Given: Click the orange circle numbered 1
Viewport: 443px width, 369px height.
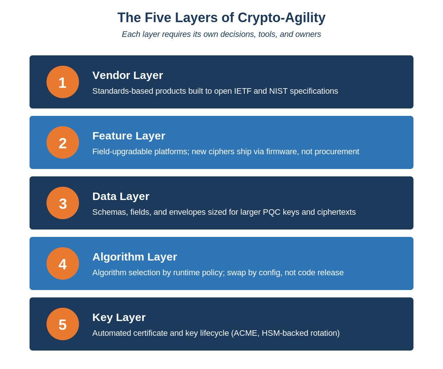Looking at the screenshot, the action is [63, 82].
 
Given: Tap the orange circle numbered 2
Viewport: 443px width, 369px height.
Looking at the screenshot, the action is [63, 142].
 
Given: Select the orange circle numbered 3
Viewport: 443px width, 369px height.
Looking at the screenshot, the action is [63, 203].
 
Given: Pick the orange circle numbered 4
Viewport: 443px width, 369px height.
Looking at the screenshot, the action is [63, 263].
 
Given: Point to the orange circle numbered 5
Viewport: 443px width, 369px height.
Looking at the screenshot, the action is [63, 324].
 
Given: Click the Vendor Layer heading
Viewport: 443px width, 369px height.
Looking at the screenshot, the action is [127, 76].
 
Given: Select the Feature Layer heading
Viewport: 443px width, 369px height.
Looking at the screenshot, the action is [128, 136].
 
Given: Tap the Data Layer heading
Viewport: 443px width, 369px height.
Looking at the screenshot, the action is [121, 197].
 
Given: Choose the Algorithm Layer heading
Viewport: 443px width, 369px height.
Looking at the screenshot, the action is [134, 257].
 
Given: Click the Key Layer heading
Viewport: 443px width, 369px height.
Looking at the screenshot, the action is [119, 318].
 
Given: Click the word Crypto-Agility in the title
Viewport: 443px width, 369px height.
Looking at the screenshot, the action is [281, 18].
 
